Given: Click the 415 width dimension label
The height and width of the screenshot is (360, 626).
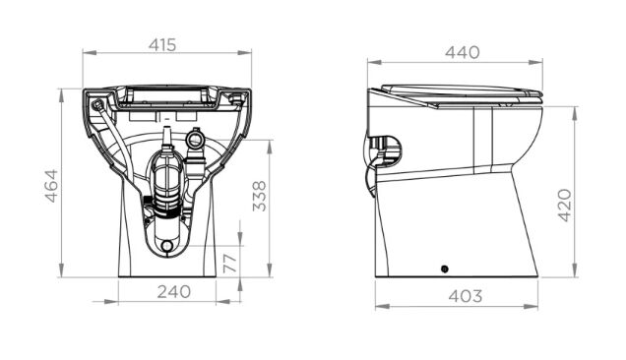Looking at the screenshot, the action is pos(162,45).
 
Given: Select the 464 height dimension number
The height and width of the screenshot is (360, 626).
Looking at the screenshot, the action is pos(51,186).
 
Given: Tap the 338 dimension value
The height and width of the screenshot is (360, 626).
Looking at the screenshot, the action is pos(260,196).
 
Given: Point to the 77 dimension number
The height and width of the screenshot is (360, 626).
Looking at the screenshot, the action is pos(230,263).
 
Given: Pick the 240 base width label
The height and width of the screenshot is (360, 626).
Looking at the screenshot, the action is pos(173,292).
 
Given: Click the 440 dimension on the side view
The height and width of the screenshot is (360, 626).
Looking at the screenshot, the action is pos(463,52).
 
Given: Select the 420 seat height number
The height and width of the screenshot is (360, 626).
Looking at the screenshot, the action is pos(565,206).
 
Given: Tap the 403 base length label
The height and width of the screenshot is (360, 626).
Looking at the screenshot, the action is pos(466,296).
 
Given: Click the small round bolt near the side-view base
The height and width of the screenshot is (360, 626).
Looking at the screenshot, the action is pos(444,269).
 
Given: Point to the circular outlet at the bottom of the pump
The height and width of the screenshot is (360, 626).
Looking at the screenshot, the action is pos(167,245).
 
